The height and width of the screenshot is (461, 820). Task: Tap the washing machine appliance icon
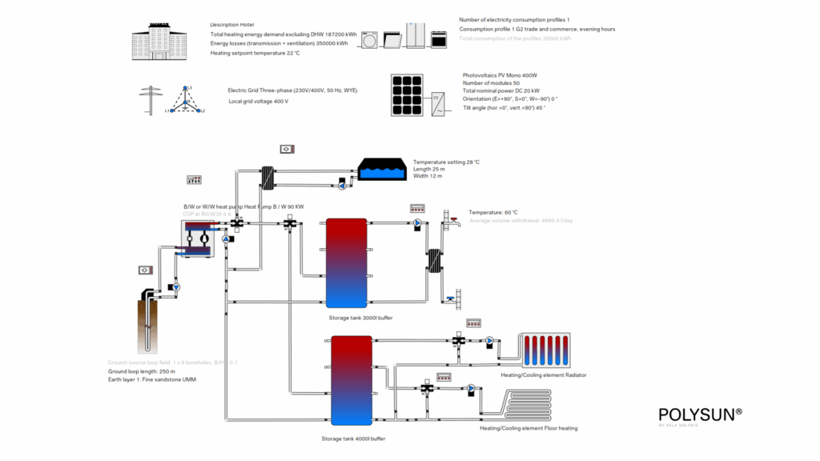coord(371,39)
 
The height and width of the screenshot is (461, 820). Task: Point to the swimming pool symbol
coord(381,170)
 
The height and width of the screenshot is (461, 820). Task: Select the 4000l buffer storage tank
coord(352,380)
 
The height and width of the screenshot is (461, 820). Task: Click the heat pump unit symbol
coord(198,239)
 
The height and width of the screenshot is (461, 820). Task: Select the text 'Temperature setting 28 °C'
coord(446,162)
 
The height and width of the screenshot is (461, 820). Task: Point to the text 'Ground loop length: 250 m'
coord(140,371)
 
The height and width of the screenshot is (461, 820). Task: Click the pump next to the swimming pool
coord(342,186)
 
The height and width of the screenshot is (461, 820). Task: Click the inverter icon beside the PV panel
coord(440,102)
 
